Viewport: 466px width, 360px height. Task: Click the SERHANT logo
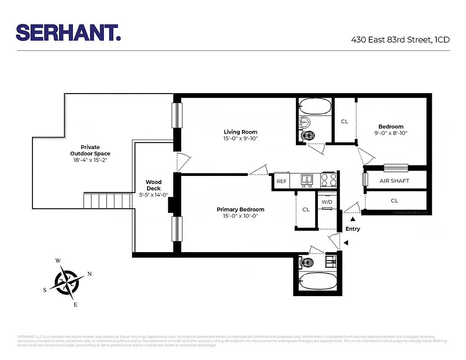pos(68,32)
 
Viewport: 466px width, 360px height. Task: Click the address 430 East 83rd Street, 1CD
pos(400,40)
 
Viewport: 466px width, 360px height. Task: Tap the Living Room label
pos(241,132)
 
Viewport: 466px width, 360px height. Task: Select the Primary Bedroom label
pos(240,209)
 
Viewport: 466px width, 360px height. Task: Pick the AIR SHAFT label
pos(394,181)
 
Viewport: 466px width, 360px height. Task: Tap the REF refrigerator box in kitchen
pos(282,181)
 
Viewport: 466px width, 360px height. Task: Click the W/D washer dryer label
pos(327,202)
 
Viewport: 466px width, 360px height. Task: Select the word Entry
pos(353,229)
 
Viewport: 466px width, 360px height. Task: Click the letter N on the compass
pos(89,274)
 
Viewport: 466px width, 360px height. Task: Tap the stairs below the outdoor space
pos(108,200)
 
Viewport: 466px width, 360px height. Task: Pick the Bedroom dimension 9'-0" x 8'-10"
pos(390,133)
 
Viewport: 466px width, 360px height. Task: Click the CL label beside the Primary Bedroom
pos(306,210)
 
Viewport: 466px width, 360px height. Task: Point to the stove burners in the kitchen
pos(329,181)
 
